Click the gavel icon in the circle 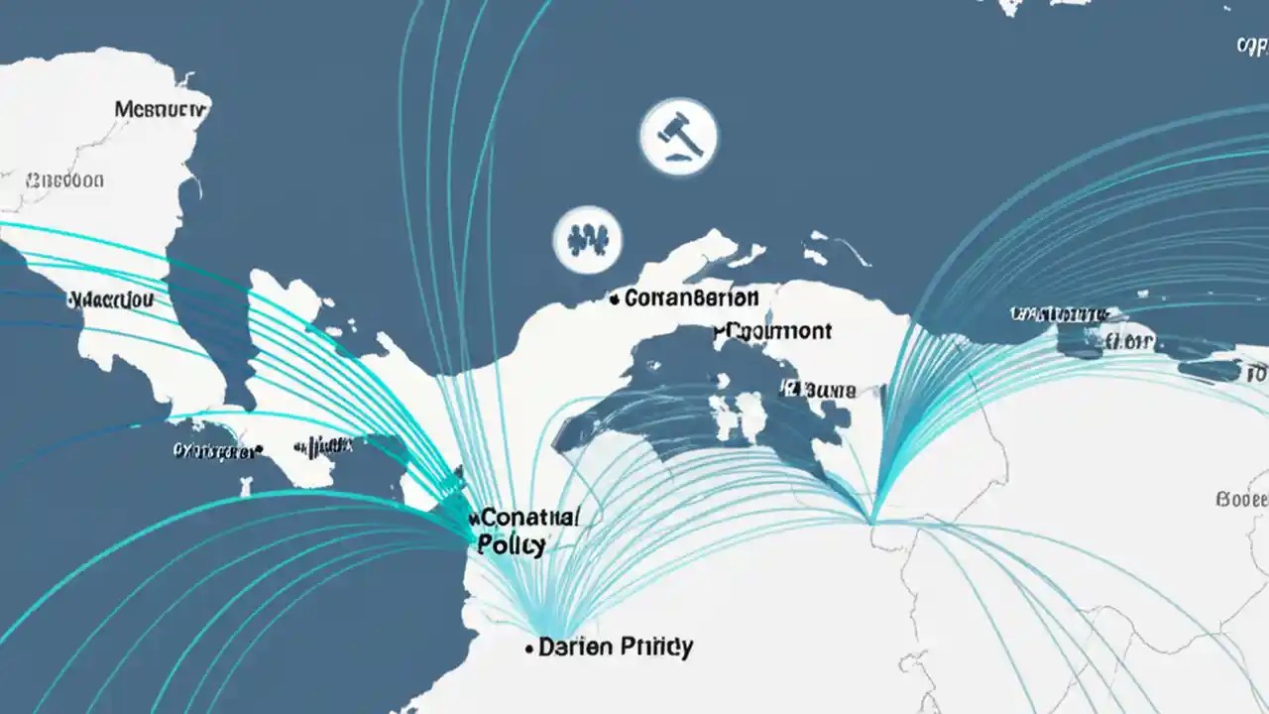tap(679, 136)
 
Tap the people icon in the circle tap(587, 239)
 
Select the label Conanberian tap(691, 297)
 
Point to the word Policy tap(511, 544)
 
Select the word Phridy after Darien tap(655, 649)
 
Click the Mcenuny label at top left tap(161, 109)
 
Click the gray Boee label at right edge tap(1241, 499)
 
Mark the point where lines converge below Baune tap(871, 519)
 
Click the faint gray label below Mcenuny tap(64, 180)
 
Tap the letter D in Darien tap(545, 649)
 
